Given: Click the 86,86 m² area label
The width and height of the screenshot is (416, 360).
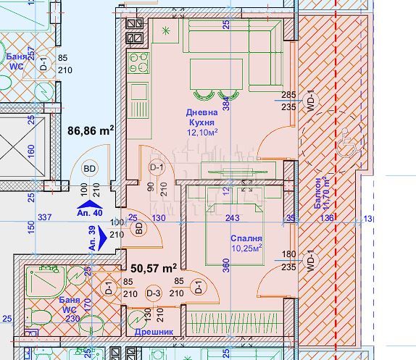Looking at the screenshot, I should point(91,131).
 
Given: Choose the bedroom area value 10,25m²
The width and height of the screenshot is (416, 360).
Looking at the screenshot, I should point(246,248).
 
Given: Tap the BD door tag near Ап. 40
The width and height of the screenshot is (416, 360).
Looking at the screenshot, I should point(91,169).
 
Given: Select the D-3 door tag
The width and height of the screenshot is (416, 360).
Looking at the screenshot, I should point(153,293).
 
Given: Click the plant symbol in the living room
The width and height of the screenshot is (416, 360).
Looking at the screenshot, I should point(167,31).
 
